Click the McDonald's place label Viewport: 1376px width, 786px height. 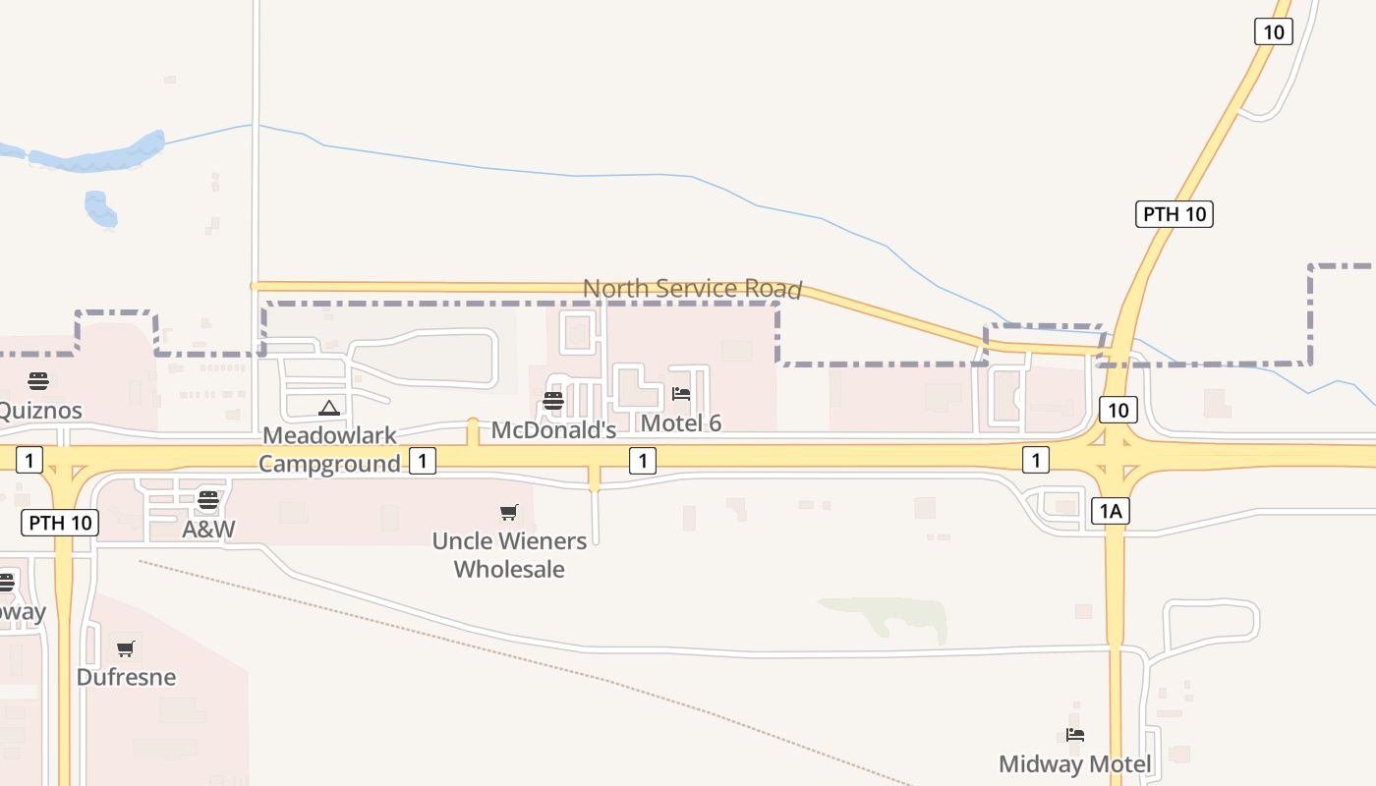click(553, 430)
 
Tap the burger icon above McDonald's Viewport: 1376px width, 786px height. click(553, 401)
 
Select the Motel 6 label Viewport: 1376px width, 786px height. click(681, 423)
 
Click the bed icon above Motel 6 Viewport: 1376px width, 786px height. click(681, 394)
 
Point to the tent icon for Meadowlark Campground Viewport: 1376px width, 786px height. click(329, 408)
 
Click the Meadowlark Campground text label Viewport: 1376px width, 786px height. click(329, 449)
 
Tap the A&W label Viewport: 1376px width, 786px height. click(208, 530)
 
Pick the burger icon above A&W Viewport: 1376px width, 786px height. click(208, 500)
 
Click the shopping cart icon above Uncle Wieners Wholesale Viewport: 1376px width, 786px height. click(509, 512)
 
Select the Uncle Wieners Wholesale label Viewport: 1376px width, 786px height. click(509, 555)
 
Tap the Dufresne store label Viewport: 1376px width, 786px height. click(126, 677)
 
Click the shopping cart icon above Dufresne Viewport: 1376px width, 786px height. click(126, 648)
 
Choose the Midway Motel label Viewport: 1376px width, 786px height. click(1075, 763)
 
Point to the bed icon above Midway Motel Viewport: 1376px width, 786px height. click(1075, 735)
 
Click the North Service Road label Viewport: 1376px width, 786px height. click(693, 289)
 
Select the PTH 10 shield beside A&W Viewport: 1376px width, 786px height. click(60, 523)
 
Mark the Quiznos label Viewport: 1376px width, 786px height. click(39, 410)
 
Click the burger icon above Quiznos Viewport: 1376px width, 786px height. click(38, 381)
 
